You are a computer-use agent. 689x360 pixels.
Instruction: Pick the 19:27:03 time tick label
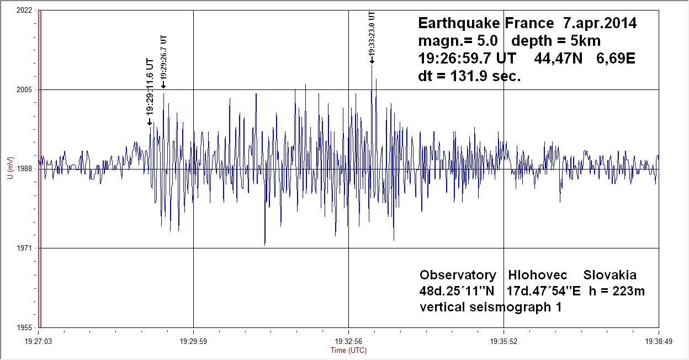tap(39, 341)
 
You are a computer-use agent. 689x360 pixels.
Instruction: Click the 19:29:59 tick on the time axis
tap(193, 341)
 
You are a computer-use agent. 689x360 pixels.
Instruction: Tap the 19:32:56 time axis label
tap(348, 341)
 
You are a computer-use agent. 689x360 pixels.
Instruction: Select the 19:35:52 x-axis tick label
tap(504, 341)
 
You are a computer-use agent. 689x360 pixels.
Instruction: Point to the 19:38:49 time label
tap(659, 341)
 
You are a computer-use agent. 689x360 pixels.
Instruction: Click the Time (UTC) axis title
tap(348, 350)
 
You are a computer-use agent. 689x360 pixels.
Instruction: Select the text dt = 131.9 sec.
tap(469, 77)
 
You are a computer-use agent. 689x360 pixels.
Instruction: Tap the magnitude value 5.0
tap(487, 41)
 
